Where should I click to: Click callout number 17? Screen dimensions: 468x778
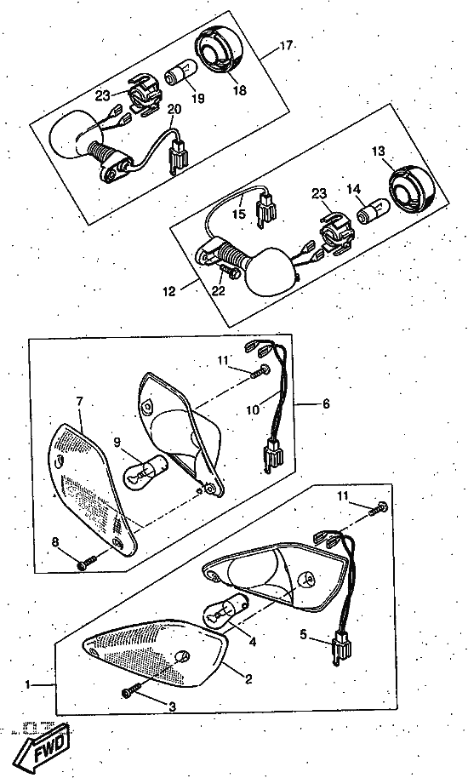click(286, 46)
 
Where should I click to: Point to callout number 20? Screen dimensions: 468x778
click(174, 109)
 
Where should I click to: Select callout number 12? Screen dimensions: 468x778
click(169, 290)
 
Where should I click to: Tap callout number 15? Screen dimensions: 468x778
click(239, 214)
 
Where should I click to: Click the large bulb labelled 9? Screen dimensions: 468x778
click(145, 472)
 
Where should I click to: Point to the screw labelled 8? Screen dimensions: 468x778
click(86, 563)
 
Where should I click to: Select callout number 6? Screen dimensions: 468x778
click(326, 403)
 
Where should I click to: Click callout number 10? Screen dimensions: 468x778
click(253, 409)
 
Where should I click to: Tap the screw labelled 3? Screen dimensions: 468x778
click(130, 689)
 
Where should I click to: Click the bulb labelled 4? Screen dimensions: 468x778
click(225, 611)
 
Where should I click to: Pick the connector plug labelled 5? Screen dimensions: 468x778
click(341, 649)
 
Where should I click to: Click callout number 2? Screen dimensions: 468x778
click(248, 678)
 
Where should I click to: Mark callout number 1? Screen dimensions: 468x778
click(29, 684)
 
